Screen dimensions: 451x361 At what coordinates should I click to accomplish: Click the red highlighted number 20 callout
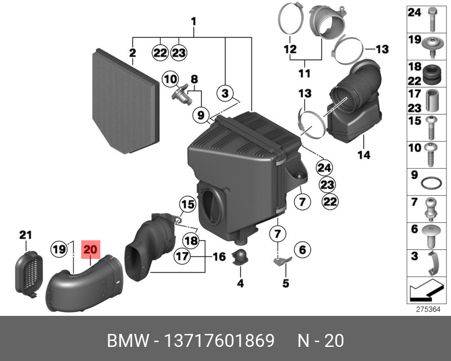(x=90, y=248)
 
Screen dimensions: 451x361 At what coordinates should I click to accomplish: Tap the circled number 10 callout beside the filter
(x=170, y=79)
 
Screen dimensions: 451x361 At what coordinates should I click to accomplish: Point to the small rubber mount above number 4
(x=240, y=256)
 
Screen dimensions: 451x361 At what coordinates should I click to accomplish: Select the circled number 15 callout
(x=187, y=204)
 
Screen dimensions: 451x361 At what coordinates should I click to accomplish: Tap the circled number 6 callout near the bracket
(x=302, y=249)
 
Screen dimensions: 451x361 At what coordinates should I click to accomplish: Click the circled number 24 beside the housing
(x=323, y=167)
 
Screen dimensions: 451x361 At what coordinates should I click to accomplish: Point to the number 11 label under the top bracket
(x=304, y=73)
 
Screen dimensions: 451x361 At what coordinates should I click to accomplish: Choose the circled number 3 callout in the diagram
(x=225, y=93)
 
